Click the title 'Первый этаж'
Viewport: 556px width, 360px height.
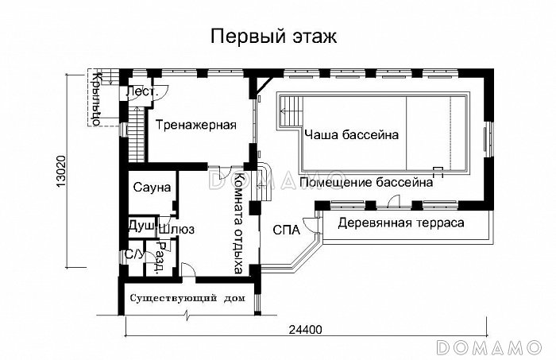coord(274,37)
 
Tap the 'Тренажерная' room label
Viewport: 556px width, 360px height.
coord(196,125)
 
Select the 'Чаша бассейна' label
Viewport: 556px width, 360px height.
coord(351,134)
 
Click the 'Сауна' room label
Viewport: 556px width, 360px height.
coord(152,188)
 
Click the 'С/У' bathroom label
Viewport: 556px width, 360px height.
coord(134,255)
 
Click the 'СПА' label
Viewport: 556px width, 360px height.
coord(286,231)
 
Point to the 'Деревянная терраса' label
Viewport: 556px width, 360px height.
coord(401,223)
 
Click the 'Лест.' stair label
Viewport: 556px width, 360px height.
coord(144,92)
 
